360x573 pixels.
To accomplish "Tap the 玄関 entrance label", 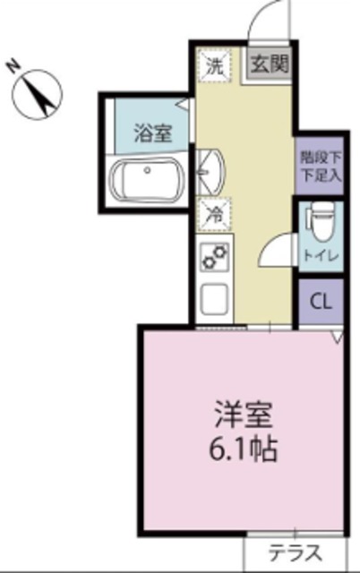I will pos(268,64).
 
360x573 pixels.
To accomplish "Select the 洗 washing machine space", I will pos(215,64).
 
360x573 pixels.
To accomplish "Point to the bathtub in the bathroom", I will pos(145,181).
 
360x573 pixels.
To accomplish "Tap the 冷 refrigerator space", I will pos(215,215).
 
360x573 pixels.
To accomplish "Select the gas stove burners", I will pos(216,259).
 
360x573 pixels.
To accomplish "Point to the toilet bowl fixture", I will pos(320,218).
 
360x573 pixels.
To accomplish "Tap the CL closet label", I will pos(320,302).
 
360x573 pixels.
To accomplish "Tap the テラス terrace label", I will pos(295,552).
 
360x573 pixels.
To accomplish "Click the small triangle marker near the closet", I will pos(337,338).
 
